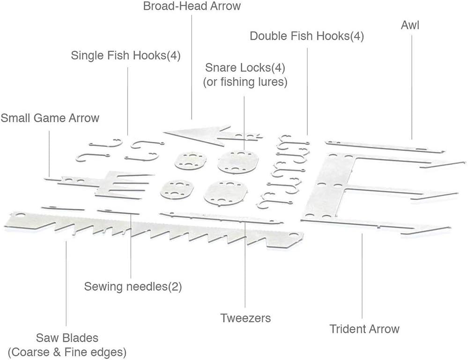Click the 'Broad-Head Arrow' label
point(192,6)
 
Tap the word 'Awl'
point(410,25)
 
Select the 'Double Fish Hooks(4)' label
point(307,36)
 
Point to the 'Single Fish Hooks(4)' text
point(126,55)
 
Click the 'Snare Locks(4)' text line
point(245,68)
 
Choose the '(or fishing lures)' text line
point(245,82)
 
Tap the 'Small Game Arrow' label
point(50,118)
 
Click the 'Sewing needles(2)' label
point(133,287)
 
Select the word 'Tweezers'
point(245,318)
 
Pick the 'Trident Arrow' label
point(364,329)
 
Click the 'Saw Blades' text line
point(67,338)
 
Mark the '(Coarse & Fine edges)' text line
point(67,352)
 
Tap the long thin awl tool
point(385,146)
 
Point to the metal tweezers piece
point(221,218)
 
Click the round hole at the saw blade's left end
point(20,215)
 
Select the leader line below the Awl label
point(412,87)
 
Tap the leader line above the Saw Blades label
point(66,284)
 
